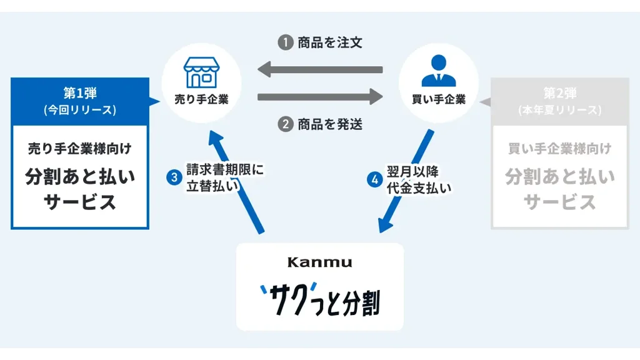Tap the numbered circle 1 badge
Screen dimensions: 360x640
(x=286, y=42)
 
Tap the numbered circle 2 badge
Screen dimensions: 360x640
(x=286, y=123)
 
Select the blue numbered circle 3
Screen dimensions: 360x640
(x=174, y=177)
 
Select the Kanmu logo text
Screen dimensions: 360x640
(x=319, y=262)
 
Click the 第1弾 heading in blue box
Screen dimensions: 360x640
(x=80, y=93)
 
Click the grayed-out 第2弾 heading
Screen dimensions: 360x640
(x=560, y=93)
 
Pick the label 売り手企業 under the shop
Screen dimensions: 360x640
(x=201, y=99)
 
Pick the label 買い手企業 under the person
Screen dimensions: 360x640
(x=439, y=99)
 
